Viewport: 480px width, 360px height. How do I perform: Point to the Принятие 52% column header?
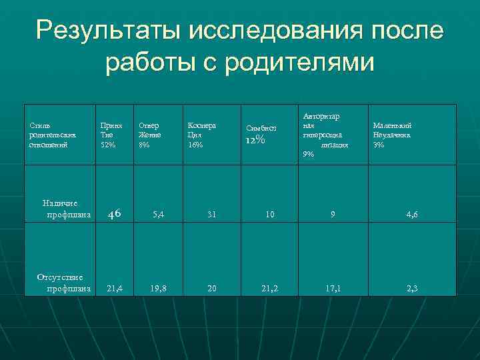point(111,135)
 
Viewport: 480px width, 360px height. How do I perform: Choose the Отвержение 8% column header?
point(149,135)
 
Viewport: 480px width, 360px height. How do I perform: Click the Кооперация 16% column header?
point(201,135)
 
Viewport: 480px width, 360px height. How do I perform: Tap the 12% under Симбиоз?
point(257,140)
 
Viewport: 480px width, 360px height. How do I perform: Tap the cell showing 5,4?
point(159,215)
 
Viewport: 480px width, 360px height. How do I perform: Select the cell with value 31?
point(211,215)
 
